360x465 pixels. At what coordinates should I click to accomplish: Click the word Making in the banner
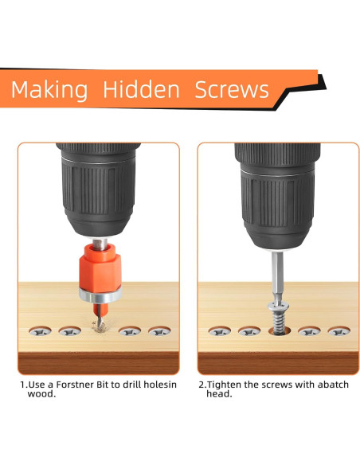(49, 90)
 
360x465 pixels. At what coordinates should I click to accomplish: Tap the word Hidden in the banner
(141, 89)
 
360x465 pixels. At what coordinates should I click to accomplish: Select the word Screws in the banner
(232, 89)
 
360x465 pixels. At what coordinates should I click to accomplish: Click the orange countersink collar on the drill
(100, 266)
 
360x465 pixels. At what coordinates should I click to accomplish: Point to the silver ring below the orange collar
(100, 295)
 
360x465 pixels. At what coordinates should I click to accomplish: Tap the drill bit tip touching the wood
(98, 324)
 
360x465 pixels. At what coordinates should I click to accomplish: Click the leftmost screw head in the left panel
(40, 331)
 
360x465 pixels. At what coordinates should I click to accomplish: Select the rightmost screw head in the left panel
(159, 331)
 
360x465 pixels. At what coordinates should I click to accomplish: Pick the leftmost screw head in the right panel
(220, 331)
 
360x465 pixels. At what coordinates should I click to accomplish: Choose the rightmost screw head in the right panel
(339, 331)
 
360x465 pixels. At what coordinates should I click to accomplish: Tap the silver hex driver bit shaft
(277, 275)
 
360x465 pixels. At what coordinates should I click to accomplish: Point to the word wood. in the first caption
(41, 394)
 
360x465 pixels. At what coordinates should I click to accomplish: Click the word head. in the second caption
(219, 394)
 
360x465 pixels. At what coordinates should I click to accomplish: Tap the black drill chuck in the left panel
(99, 190)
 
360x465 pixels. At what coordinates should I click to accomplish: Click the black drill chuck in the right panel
(277, 197)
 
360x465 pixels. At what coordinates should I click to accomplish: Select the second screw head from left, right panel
(249, 331)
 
